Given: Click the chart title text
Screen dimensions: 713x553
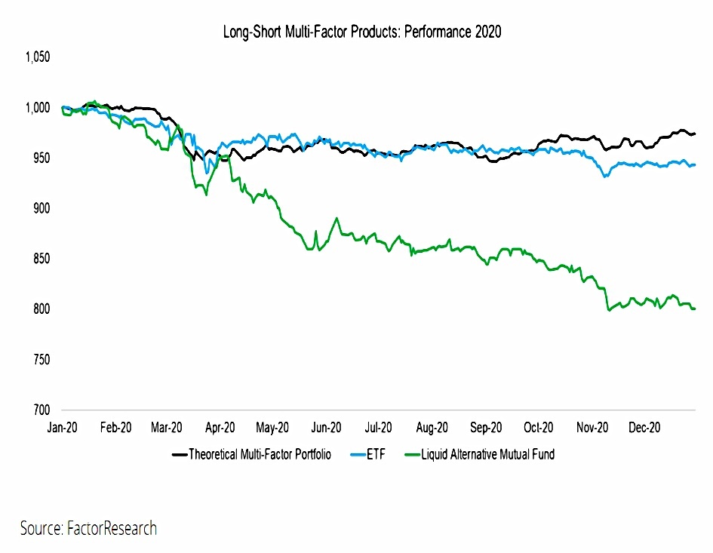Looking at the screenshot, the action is pos(362,32).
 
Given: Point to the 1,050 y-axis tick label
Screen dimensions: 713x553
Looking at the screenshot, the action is pos(38,57).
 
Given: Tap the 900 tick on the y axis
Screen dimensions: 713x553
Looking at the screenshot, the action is pos(41,208).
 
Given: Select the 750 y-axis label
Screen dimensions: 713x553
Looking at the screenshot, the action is pos(41,359).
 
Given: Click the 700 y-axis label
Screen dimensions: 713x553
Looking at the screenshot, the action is pos(41,410).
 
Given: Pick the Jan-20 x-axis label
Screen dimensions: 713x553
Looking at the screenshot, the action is pos(63,428).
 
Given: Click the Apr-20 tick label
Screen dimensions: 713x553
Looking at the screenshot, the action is pos(220,428).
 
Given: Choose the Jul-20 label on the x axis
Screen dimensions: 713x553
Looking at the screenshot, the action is pos(378,428).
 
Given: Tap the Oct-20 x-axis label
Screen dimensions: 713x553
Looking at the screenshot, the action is pos(539,428).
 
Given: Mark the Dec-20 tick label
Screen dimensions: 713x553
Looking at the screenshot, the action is pos(644,428).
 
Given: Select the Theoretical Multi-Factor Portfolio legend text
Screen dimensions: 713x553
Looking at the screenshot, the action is pos(260,454).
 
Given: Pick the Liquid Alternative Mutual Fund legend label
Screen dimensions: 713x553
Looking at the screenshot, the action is pos(488,454).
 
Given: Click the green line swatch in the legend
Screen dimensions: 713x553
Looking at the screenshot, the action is pos(412,454).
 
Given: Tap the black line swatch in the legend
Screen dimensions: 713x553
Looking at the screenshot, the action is pos(180,454).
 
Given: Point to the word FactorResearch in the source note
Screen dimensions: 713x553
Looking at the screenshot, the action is pos(112,528).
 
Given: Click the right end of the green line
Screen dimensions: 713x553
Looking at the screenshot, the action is pos(695,309).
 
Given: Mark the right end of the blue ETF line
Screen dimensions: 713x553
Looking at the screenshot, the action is pos(695,164).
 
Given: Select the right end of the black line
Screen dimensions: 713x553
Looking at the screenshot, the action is pos(695,134).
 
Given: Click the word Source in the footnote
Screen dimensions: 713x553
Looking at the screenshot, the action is pos(41,528).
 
